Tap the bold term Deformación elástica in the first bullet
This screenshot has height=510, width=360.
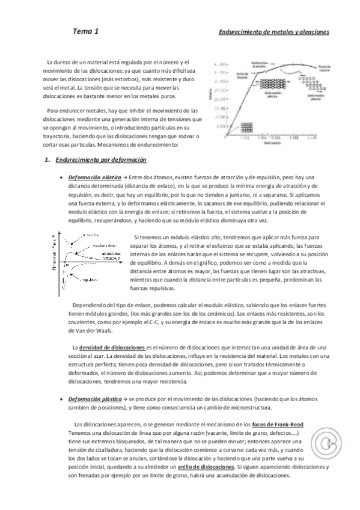point(94,178)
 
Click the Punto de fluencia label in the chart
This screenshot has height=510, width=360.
point(242,76)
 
